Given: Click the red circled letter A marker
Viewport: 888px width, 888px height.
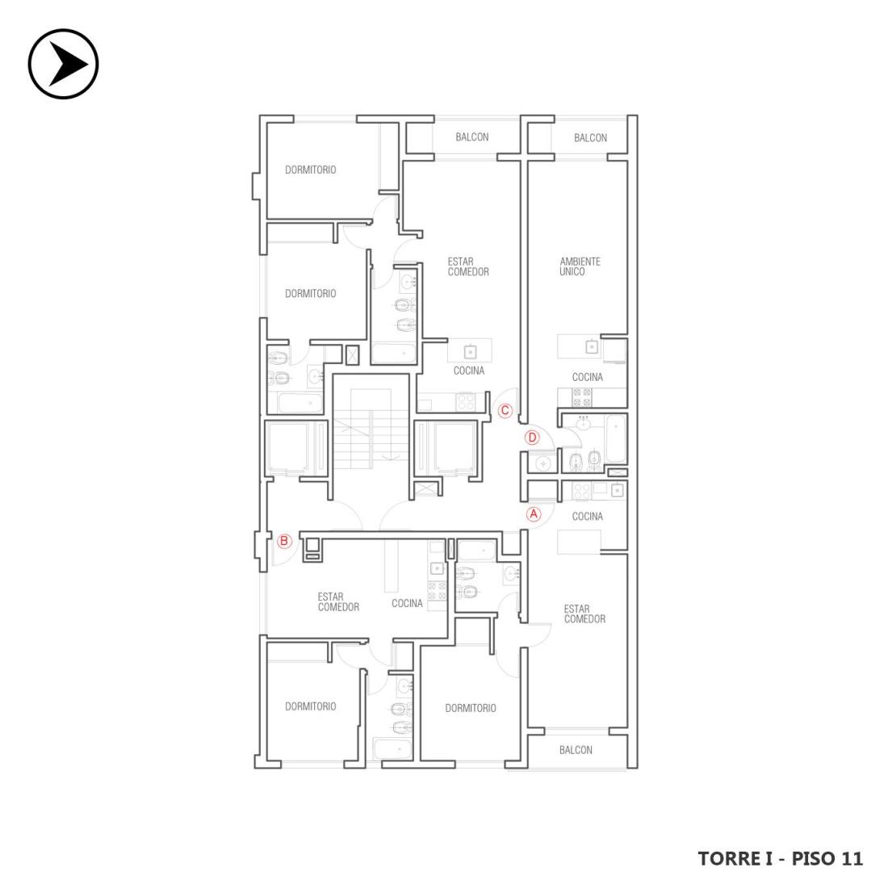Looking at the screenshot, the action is coord(534,514).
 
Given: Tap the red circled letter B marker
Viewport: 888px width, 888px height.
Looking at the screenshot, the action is coord(284,541).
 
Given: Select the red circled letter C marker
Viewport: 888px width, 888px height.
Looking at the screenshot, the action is coord(505,411).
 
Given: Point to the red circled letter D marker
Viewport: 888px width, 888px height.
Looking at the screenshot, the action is coord(532,438).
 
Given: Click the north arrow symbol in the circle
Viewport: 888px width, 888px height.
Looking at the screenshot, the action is coord(64,64).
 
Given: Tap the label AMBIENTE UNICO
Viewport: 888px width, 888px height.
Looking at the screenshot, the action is coord(580,266).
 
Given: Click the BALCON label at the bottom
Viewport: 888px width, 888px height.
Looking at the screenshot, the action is coord(576,750).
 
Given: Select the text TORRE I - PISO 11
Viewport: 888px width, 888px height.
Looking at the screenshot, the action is coord(781,858).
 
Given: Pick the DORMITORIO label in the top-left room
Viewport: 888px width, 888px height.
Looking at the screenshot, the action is coord(310,170).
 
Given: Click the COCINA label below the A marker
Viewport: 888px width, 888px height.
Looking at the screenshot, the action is coord(587,516).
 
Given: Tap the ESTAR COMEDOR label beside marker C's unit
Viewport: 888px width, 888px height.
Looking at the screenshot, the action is coord(467,266).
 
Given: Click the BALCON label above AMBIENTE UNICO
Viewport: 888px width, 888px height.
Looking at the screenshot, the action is coord(590,137).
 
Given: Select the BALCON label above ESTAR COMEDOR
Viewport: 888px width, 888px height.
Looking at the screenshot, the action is coord(471,136).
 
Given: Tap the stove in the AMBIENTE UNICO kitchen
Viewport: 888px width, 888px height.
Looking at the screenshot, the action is coord(581,397).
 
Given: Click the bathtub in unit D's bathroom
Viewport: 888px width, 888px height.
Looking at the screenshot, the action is coord(615,438).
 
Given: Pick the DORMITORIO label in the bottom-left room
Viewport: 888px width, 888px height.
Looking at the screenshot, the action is coord(310,706).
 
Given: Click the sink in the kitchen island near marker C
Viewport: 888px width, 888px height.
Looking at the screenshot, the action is coord(470,352).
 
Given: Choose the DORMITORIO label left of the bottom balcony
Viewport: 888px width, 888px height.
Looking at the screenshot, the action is coord(471,708).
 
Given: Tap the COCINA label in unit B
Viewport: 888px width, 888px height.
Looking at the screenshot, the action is coord(407,603).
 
